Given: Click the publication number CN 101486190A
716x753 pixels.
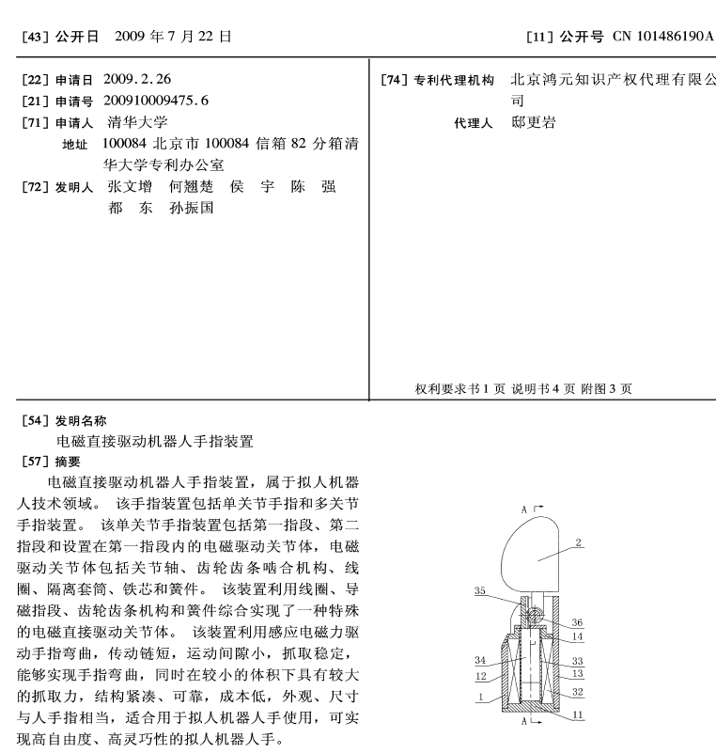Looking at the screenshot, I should tap(662, 37).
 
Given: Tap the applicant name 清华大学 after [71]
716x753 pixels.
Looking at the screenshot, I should tap(138, 122).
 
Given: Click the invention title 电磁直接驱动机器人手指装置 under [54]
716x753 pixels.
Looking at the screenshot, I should tap(155, 440).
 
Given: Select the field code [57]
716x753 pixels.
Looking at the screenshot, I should tap(35, 461).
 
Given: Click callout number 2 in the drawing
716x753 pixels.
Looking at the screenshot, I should tap(580, 543).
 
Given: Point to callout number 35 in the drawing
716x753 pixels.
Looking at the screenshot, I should tap(480, 591).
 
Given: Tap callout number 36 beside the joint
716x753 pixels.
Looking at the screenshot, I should tap(577, 621).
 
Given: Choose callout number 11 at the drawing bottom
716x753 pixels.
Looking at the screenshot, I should tap(577, 714).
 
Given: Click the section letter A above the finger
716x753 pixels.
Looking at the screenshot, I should tap(524, 508).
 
